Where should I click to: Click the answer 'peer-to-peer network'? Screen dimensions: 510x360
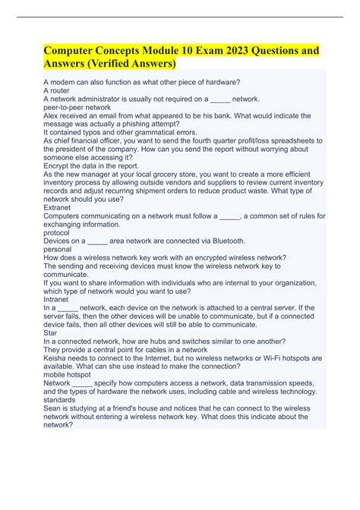click(x=78, y=107)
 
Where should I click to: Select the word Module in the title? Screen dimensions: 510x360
click(x=161, y=49)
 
